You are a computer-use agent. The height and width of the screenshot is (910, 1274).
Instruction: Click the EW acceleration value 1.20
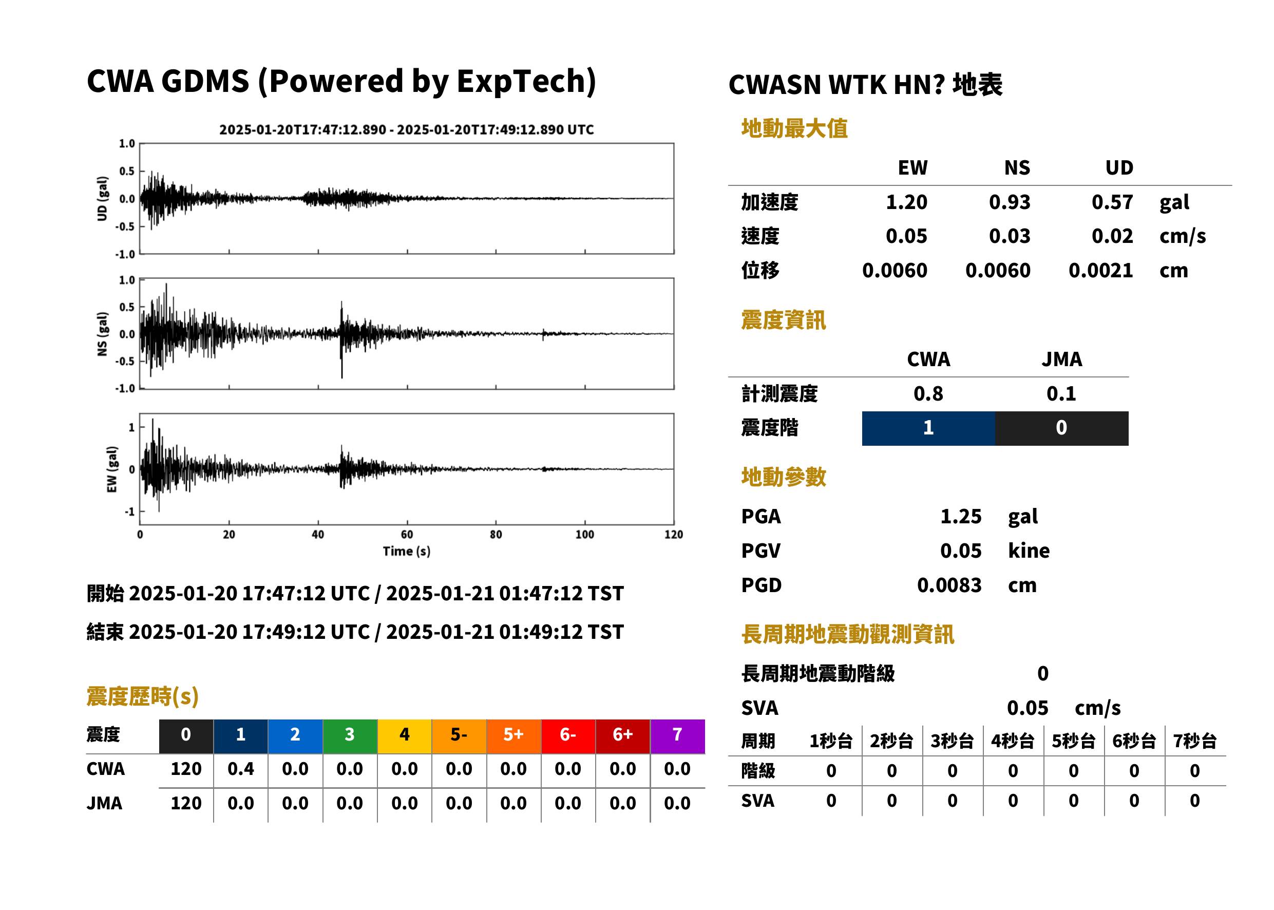(906, 202)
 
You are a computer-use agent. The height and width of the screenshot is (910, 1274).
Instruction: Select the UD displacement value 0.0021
(1100, 270)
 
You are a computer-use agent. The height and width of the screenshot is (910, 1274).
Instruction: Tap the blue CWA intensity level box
(928, 428)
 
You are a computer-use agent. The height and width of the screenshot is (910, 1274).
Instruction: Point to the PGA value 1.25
(961, 516)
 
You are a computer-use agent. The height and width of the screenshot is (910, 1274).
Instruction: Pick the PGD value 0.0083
(949, 585)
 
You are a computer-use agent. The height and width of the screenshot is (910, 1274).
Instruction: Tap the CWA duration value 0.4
(241, 769)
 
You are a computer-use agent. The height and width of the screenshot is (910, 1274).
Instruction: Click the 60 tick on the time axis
(407, 535)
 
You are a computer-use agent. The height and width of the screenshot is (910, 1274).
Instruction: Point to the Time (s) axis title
(407, 552)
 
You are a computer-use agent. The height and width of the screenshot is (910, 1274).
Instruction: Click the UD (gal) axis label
(102, 198)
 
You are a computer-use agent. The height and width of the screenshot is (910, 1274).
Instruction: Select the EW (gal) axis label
(112, 469)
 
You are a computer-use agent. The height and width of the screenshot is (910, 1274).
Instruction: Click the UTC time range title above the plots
(407, 129)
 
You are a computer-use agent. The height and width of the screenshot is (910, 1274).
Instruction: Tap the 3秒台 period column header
(952, 741)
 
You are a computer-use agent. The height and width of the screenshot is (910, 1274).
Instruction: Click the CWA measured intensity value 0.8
(928, 393)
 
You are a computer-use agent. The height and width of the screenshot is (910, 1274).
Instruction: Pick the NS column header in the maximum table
(1017, 167)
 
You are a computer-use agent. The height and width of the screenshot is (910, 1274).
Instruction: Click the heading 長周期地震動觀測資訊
(848, 634)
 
